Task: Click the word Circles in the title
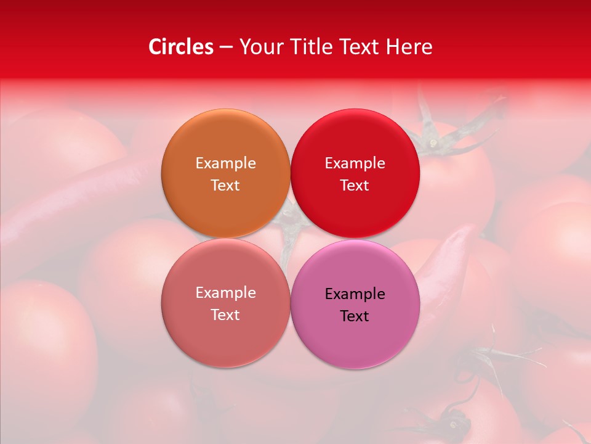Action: (181, 47)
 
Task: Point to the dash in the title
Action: (226, 47)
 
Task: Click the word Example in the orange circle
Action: (225, 163)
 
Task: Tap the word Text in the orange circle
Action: (225, 185)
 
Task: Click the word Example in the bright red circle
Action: (355, 163)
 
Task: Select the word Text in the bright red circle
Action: (355, 185)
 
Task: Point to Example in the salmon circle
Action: (225, 292)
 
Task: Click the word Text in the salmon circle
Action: (225, 314)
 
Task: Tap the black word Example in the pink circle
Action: (355, 294)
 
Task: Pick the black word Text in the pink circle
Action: (355, 316)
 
